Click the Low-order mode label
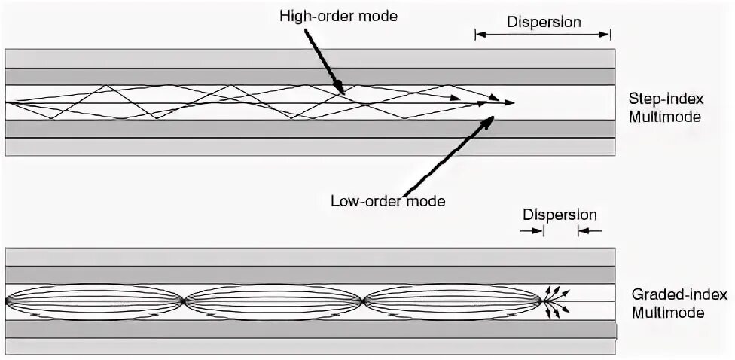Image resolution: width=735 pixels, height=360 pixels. pos(389,201)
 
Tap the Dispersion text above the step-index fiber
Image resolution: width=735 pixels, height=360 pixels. pos(544,22)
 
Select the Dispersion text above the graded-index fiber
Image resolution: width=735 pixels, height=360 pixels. pos(560,215)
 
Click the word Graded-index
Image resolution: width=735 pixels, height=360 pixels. pos(669,295)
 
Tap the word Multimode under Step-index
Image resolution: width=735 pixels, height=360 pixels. pos(665,117)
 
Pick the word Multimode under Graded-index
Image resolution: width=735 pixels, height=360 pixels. pos(669,313)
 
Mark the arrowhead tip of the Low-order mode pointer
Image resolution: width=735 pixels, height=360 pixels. pos(494,117)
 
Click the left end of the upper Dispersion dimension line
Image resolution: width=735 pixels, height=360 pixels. pos(476,34)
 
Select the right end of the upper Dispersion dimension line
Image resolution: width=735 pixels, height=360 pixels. pos(610,34)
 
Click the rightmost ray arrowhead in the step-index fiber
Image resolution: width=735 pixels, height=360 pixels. pos(513,103)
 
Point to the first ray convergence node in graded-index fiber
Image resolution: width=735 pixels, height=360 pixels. pos(183,301)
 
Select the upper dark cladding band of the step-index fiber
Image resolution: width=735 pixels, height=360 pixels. pos(310,76)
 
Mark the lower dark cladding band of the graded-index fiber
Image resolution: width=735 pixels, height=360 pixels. pos(310,329)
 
